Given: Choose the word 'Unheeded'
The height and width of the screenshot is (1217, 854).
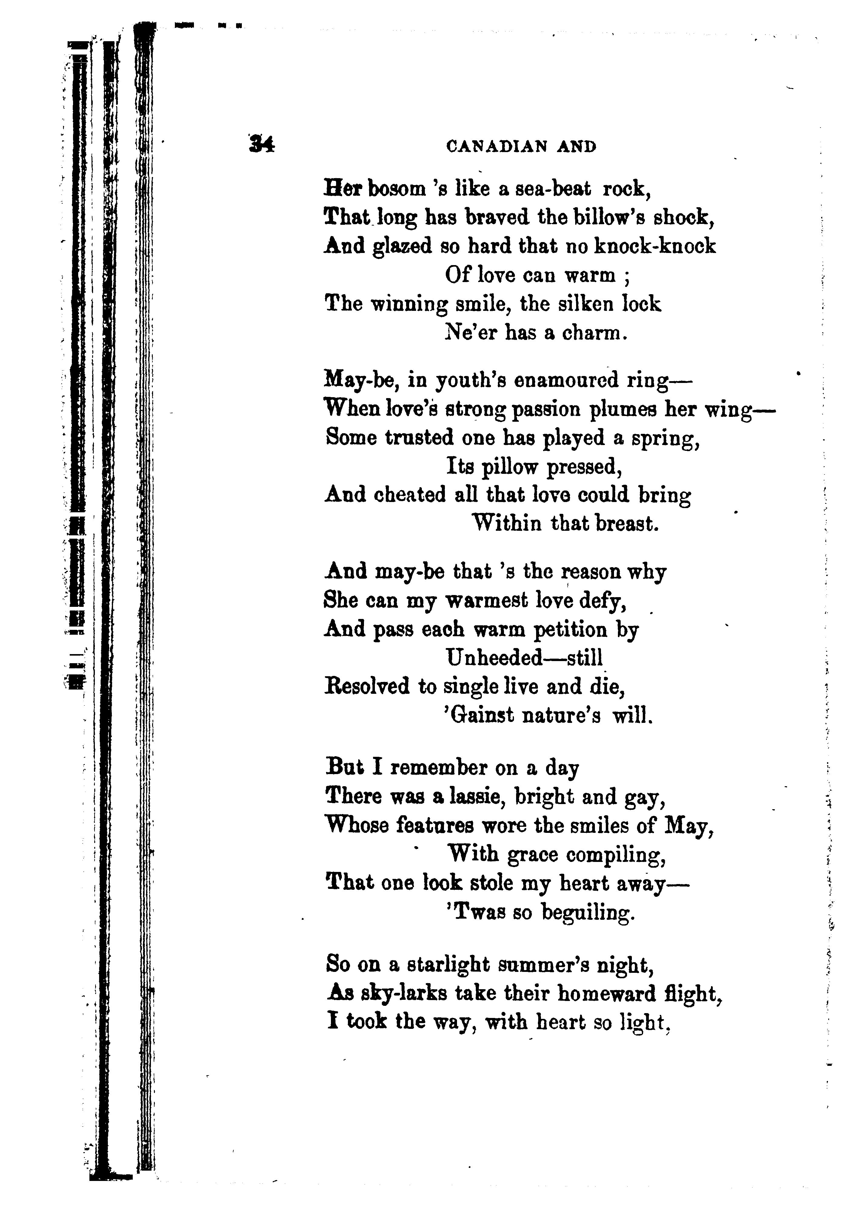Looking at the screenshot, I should coord(494,658).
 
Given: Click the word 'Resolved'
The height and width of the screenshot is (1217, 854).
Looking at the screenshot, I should coord(367,687).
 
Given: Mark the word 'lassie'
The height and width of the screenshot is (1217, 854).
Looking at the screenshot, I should coord(475,797).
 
